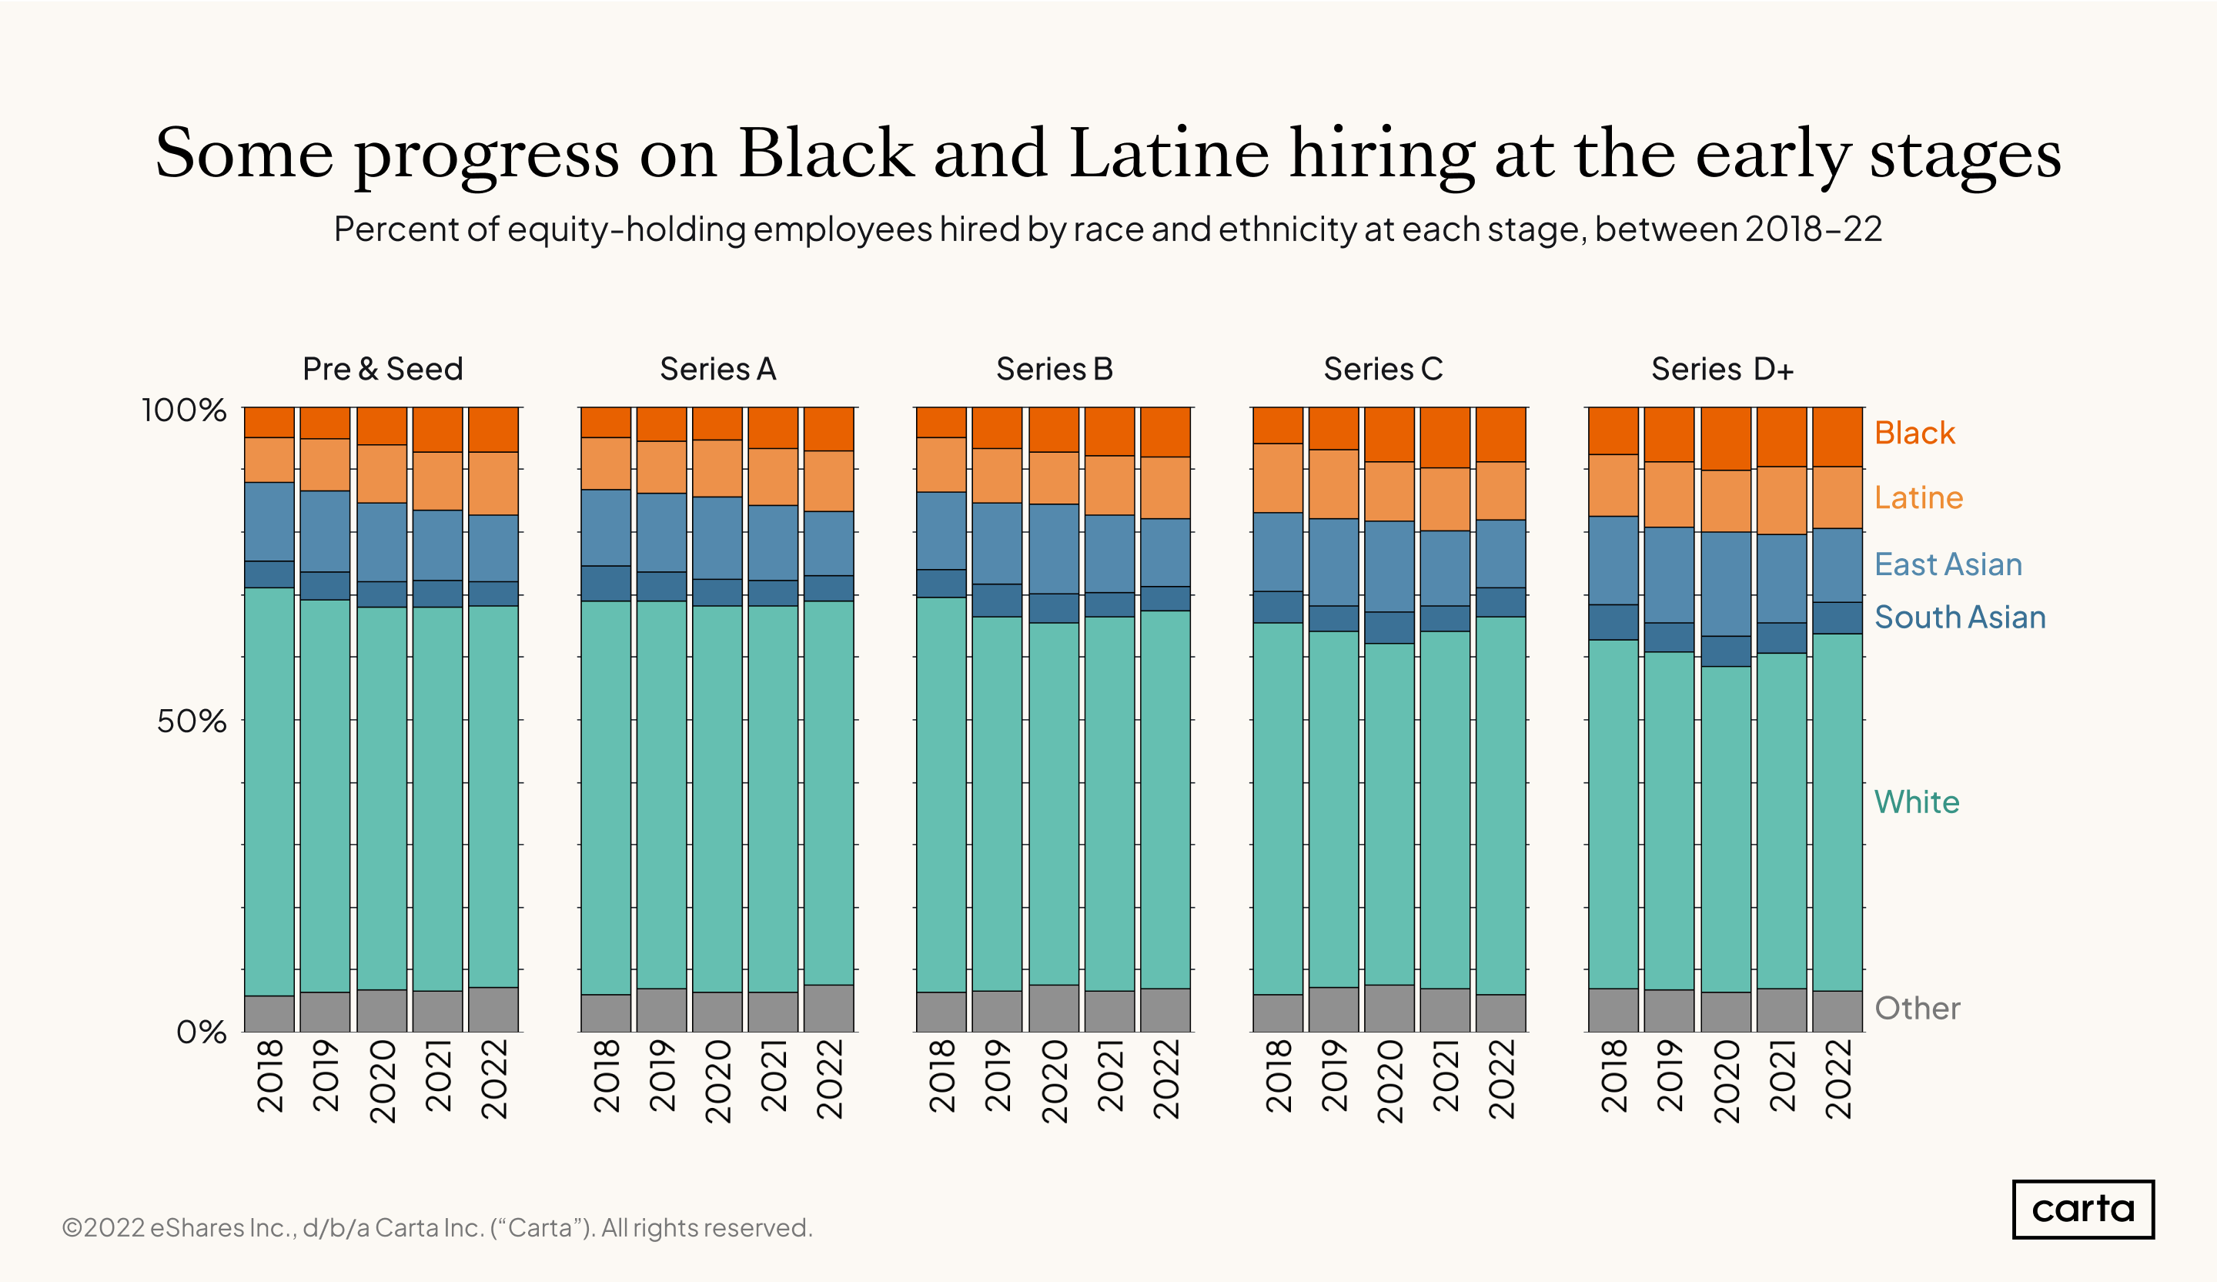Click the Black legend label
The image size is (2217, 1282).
point(1914,433)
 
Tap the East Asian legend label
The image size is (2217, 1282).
point(1948,564)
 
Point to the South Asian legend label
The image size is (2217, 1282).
point(1959,618)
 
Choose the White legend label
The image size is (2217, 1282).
point(1916,802)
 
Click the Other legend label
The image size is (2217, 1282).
point(1917,1009)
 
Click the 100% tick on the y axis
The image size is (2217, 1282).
point(184,410)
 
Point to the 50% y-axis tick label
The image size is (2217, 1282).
point(191,721)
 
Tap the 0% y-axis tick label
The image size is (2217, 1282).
point(201,1032)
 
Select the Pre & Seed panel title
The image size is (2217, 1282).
point(383,369)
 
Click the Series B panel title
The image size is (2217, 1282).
point(1054,369)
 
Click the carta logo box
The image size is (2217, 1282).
point(2082,1209)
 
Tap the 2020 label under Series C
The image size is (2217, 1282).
point(1390,1081)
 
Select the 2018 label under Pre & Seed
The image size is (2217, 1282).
point(270,1076)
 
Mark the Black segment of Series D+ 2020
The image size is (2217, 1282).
point(1725,438)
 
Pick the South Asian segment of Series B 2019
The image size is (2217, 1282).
point(998,600)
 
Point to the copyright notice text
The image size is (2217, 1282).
point(437,1227)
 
